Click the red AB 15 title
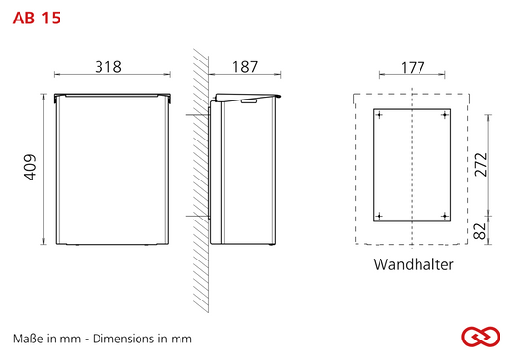tap(36, 18)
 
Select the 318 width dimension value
tap(108, 67)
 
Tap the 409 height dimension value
tap(30, 168)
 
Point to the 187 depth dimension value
tap(245, 67)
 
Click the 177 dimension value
tap(413, 68)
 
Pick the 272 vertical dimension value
tap(481, 165)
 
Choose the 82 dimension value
tap(480, 231)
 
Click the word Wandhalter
tap(414, 264)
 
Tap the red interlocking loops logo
tap(481, 337)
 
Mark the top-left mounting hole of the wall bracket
tap(379, 115)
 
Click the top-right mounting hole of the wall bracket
tap(445, 115)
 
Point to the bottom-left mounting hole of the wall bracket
tap(379, 217)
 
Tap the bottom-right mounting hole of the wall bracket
tap(445, 217)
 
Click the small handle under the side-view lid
tap(249, 100)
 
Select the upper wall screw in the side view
tap(198, 115)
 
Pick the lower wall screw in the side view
tap(198, 217)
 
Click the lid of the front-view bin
tap(112, 96)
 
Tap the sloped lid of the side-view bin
tap(248, 97)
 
